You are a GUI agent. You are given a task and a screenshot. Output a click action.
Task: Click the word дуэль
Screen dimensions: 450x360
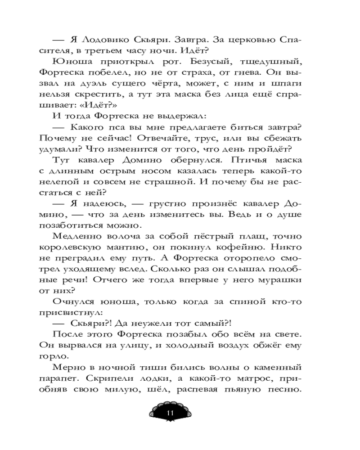click(x=108, y=85)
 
